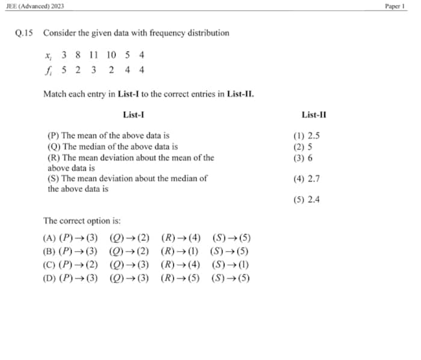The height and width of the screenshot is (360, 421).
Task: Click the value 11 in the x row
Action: pos(93,55)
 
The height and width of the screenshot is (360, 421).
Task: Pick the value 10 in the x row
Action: pos(111,55)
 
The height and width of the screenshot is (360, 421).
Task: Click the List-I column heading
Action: pos(133,115)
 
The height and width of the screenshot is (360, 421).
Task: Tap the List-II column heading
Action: pos(314,115)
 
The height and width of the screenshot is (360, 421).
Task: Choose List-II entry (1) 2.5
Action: pos(306,136)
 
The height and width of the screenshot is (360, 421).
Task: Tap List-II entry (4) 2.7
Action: pos(306,178)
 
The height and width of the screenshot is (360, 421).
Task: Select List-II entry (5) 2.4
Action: pos(306,200)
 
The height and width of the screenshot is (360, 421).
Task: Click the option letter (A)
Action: pos(49,239)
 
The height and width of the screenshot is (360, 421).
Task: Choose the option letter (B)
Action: pos(49,252)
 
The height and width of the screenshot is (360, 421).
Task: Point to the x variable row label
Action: pos(48,55)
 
